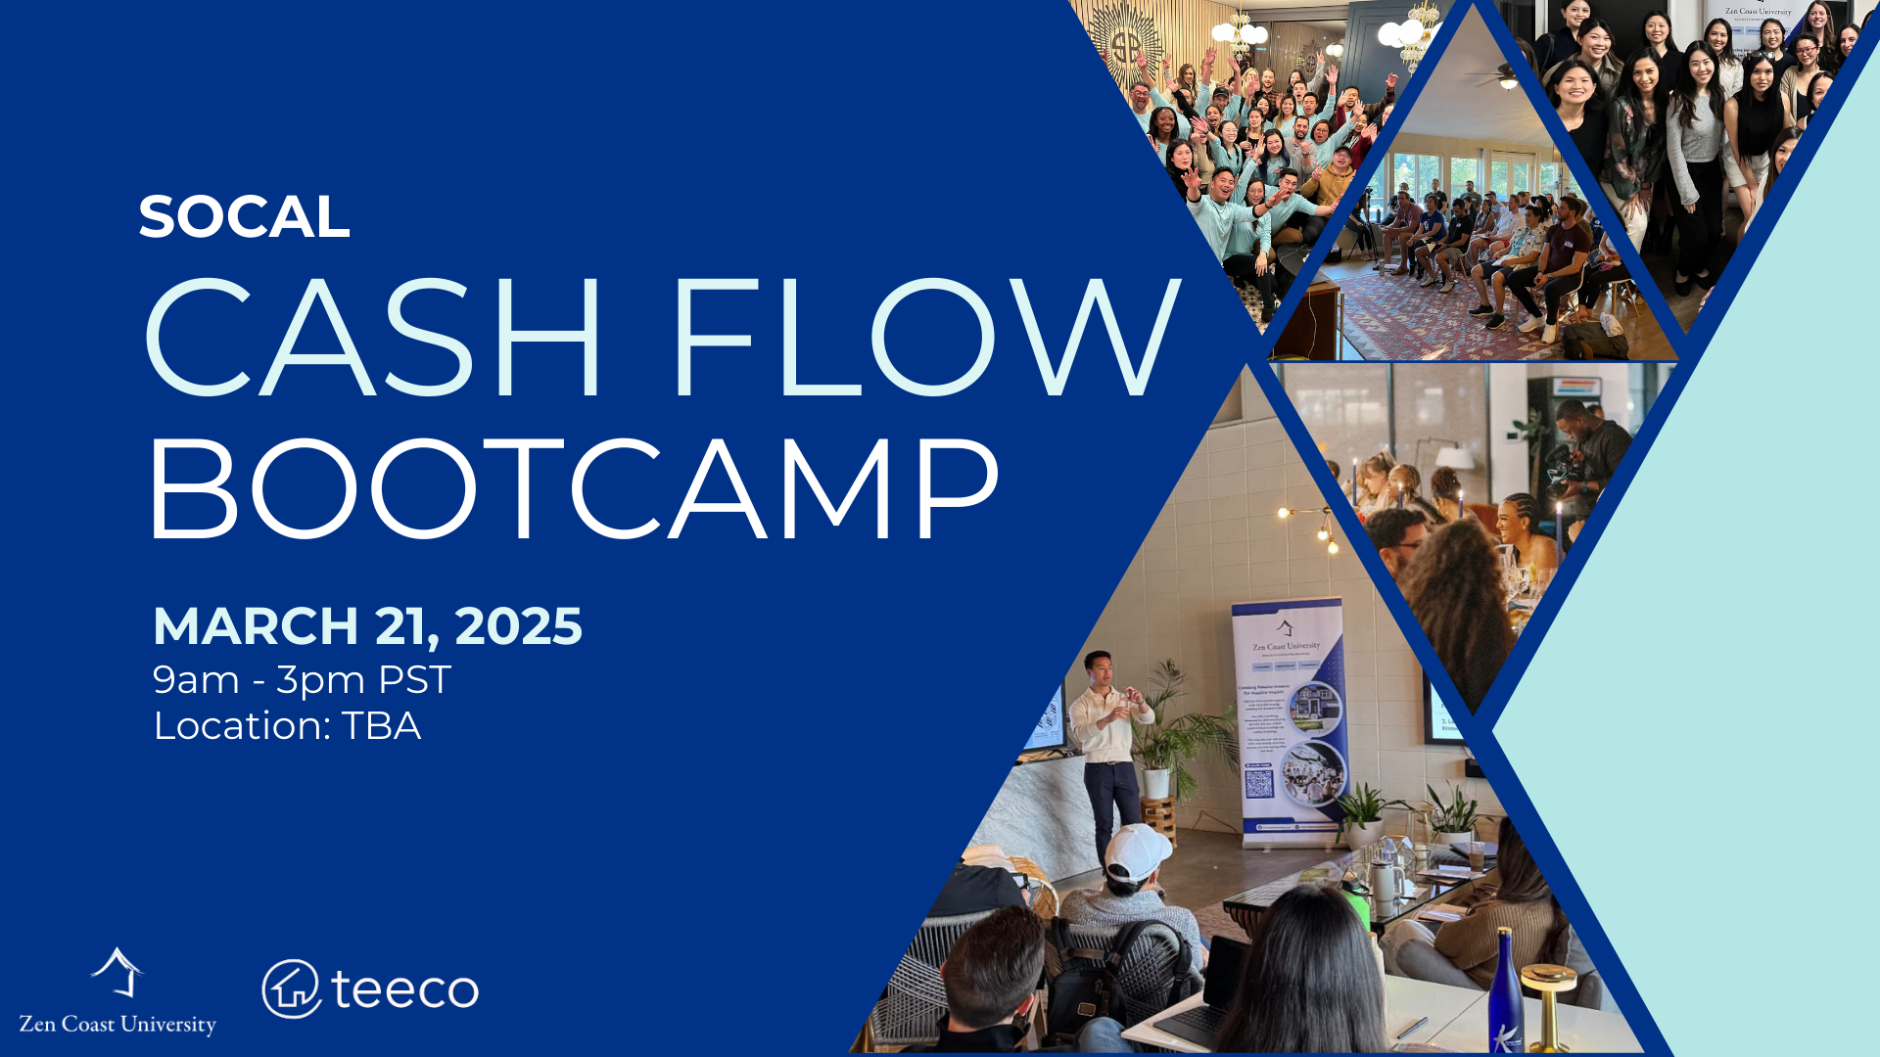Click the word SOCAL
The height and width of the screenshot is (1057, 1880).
pyautogui.click(x=244, y=217)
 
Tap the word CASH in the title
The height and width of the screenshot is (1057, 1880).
pyautogui.click(x=373, y=339)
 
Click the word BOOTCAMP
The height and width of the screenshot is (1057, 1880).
pyautogui.click(x=573, y=489)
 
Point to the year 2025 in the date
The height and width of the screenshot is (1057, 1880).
pyautogui.click(x=518, y=626)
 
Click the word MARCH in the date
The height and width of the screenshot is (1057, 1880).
pyautogui.click(x=256, y=626)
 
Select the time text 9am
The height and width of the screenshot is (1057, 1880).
pyautogui.click(x=196, y=679)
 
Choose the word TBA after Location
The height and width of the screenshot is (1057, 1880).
pyautogui.click(x=381, y=726)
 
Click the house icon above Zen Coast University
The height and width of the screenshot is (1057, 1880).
pyautogui.click(x=117, y=972)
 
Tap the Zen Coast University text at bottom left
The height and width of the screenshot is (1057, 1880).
pyautogui.click(x=117, y=1024)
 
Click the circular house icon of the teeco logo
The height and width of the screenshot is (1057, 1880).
pyautogui.click(x=291, y=988)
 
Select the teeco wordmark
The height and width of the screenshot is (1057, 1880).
pyautogui.click(x=404, y=988)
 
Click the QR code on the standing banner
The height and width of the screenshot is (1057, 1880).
pyautogui.click(x=1258, y=783)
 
